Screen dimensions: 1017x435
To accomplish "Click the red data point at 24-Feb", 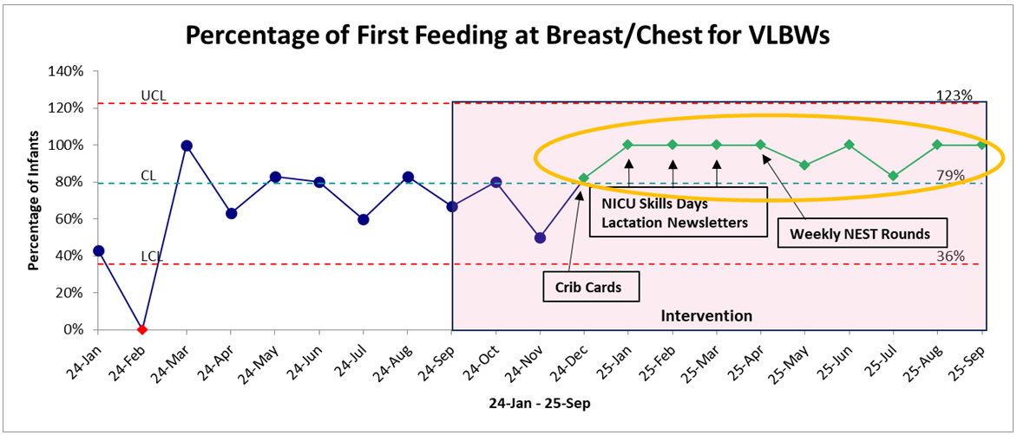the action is coord(142,329).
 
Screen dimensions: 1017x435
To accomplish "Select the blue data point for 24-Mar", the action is coord(187,146).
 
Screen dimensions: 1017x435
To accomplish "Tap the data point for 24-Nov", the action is coord(541,237).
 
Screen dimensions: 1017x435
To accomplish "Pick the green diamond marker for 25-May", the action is coord(805,165).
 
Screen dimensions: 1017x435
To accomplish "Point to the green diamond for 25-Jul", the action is coord(893,176).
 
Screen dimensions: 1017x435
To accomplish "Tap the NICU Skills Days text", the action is coord(653,204).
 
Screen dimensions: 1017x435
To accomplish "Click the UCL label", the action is coord(154,96).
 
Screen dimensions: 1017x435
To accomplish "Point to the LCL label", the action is coord(153,257).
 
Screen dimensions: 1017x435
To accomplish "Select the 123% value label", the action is coord(954,96).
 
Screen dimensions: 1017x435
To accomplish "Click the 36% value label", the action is coord(950,256).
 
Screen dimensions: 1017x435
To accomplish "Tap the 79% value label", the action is coord(950,175).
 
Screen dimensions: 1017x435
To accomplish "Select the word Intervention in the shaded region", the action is coord(706,316).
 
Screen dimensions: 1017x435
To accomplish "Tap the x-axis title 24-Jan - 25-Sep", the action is coord(540,403).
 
